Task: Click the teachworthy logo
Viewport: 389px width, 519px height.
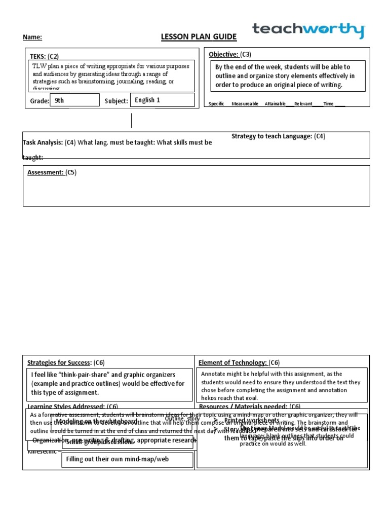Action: [308, 30]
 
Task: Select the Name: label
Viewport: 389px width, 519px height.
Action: [32, 38]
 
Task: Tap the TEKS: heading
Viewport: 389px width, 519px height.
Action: [38, 56]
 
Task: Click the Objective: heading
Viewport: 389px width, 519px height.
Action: [223, 54]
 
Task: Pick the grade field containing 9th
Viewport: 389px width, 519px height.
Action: [74, 100]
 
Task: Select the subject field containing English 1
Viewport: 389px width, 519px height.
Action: [162, 100]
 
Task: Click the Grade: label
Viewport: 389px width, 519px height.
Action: [40, 101]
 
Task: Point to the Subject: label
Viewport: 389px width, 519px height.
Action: [116, 101]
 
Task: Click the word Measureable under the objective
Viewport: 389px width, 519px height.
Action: [245, 104]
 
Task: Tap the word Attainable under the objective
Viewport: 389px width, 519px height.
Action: [275, 104]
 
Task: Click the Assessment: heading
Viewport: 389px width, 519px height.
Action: [46, 172]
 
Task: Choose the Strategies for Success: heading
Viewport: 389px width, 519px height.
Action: [58, 362]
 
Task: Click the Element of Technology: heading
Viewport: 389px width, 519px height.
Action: [232, 362]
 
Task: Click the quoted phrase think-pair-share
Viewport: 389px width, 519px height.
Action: [79, 375]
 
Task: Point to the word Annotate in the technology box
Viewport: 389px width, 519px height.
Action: [215, 374]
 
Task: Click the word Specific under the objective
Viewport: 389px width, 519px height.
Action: [216, 104]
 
